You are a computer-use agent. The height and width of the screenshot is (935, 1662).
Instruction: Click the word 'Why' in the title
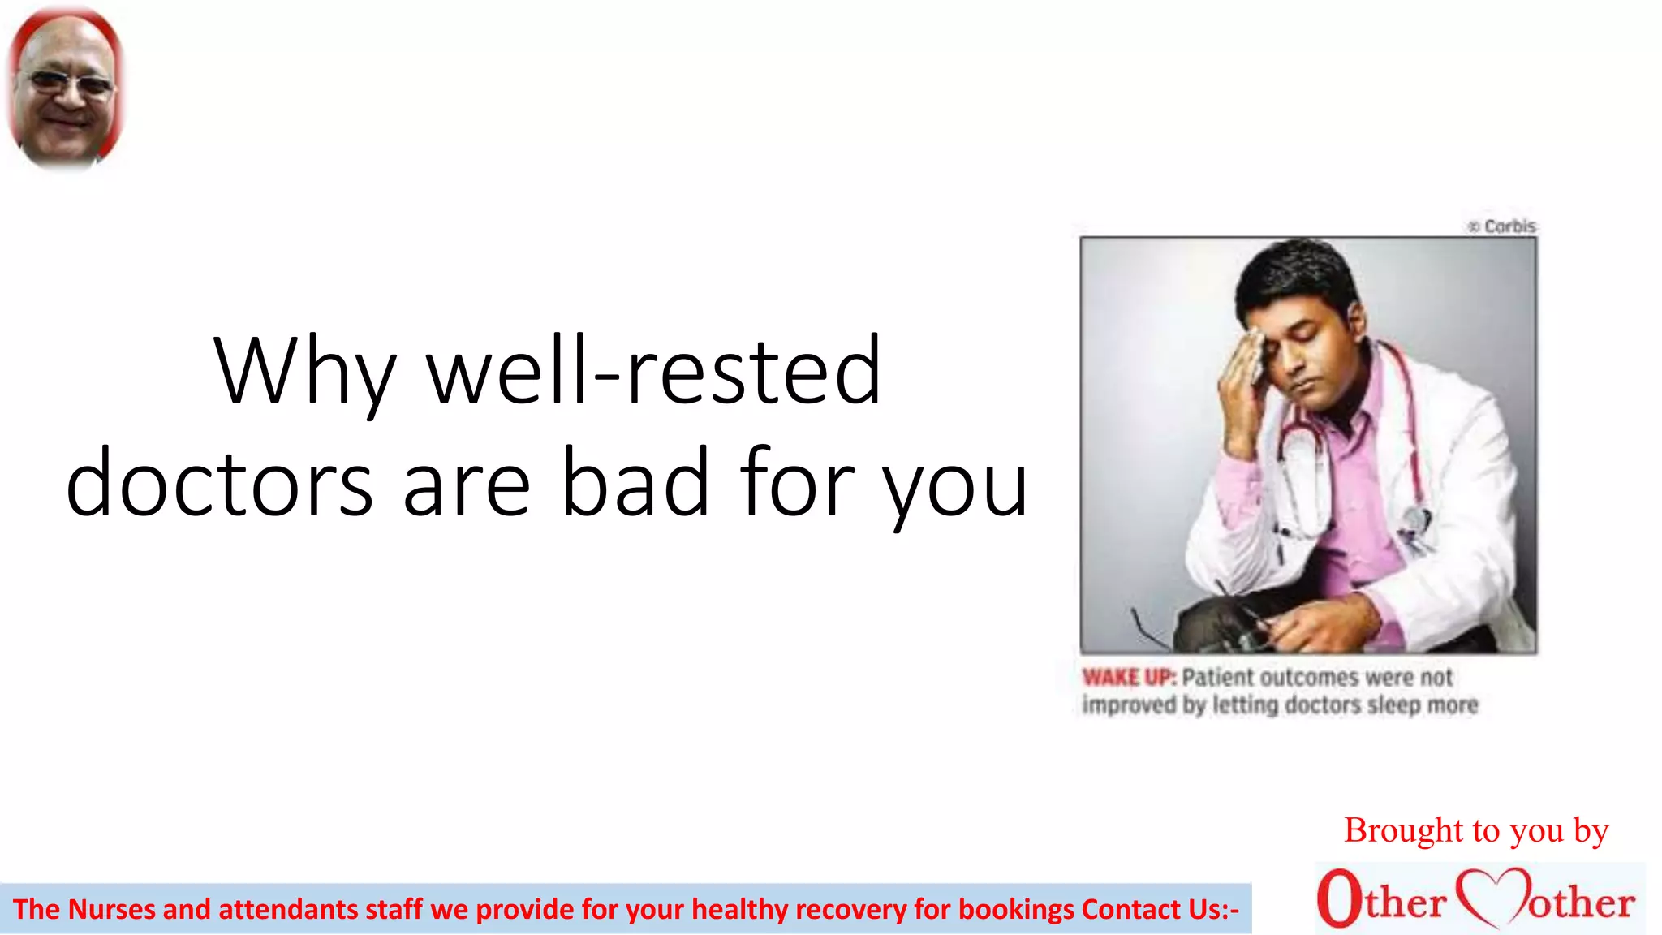[305, 372]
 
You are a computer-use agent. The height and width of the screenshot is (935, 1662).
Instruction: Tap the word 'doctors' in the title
[219, 484]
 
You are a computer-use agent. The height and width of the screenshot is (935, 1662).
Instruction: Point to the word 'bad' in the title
[635, 482]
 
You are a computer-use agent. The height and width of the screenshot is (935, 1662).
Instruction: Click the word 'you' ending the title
[955, 487]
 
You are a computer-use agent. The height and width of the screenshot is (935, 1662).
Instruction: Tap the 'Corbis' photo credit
[1509, 226]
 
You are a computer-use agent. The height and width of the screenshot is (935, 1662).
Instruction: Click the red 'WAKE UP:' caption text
[1128, 677]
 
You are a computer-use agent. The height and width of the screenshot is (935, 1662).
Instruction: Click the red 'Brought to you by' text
[1476, 830]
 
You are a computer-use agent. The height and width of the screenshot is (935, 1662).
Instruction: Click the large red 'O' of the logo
[1339, 898]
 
